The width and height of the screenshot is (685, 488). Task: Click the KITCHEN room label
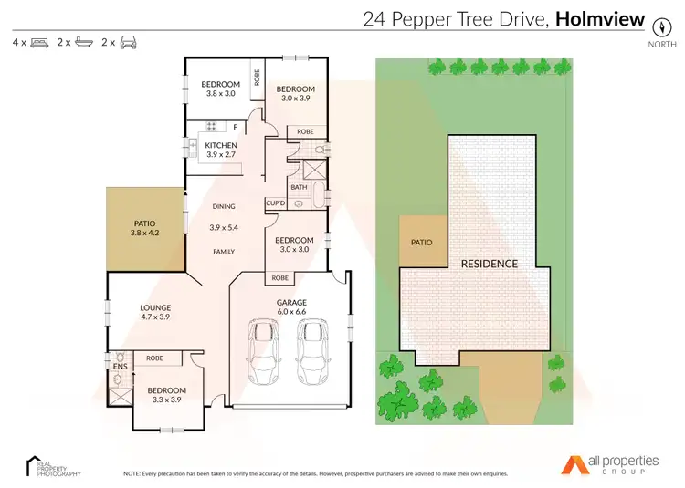(x=221, y=145)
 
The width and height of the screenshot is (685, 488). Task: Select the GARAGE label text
(x=291, y=302)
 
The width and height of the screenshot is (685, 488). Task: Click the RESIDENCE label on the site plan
(x=490, y=264)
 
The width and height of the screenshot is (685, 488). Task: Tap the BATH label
(x=299, y=187)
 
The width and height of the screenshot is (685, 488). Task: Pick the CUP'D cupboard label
(x=276, y=203)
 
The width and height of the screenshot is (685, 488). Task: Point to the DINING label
(x=224, y=206)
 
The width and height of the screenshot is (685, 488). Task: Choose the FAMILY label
(x=224, y=252)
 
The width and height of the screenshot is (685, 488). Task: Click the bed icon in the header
(x=38, y=42)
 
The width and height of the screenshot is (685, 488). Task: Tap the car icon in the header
(x=128, y=42)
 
